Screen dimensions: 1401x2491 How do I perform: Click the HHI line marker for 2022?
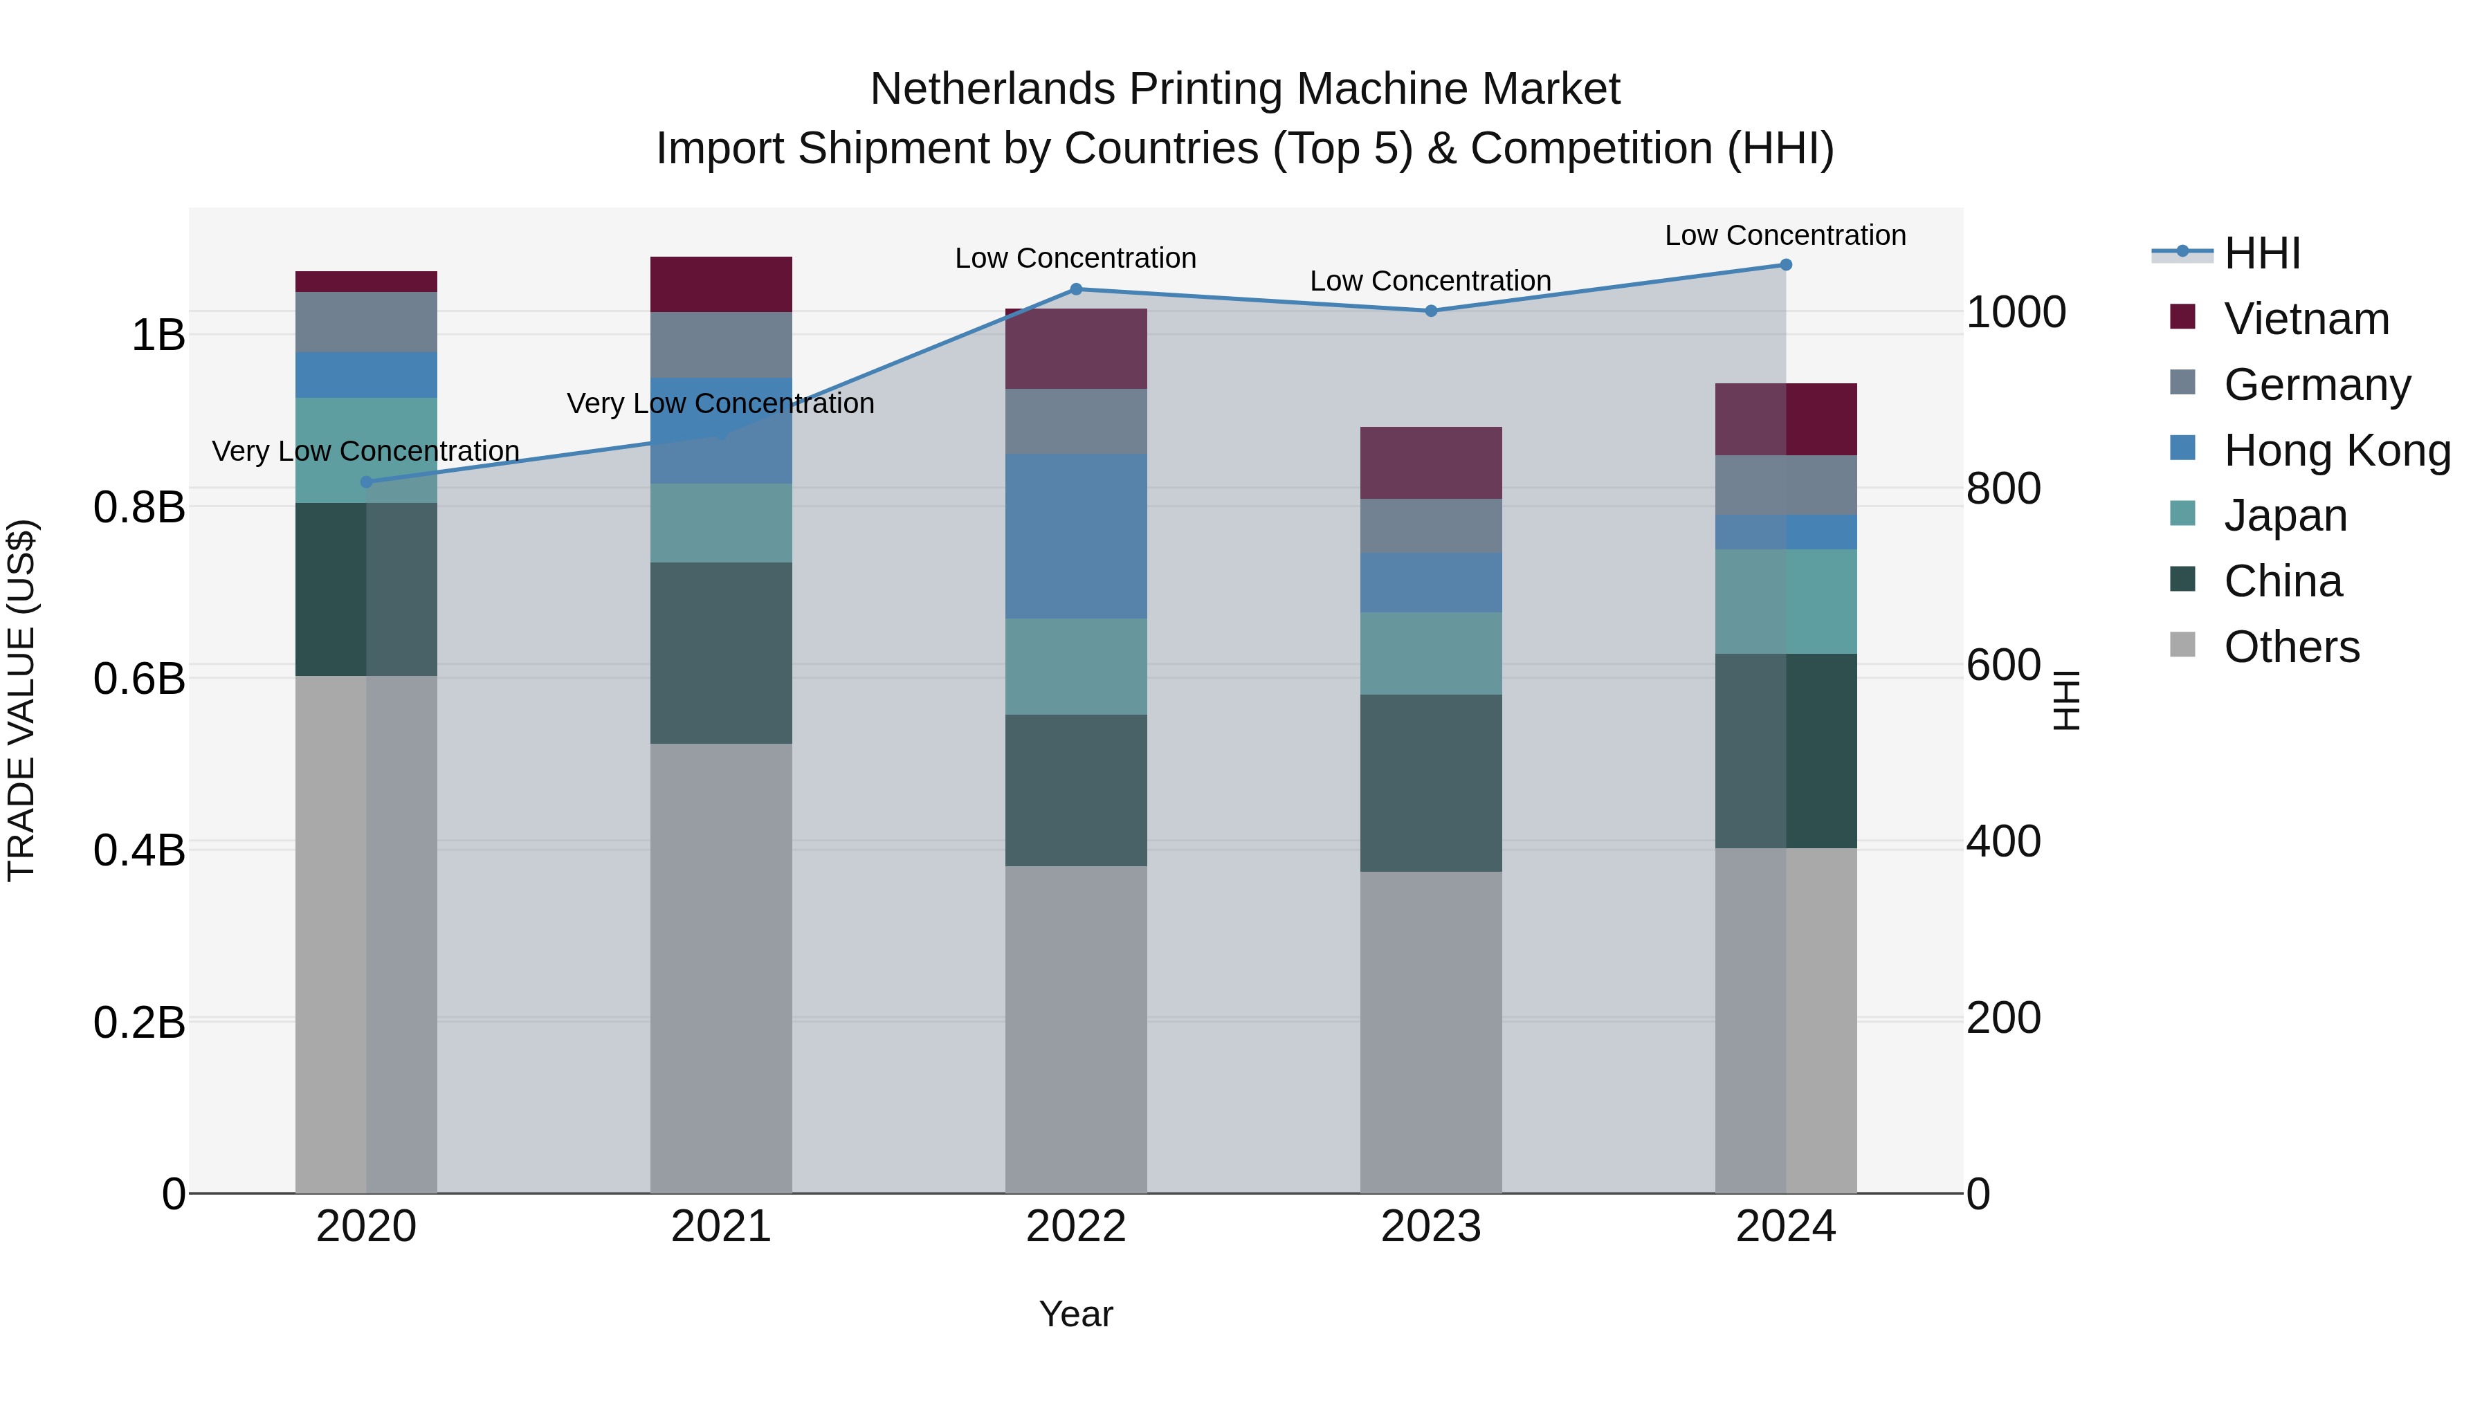[1075, 289]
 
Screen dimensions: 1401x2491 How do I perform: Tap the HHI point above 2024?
[1785, 265]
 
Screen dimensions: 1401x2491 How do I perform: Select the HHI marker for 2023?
[1431, 311]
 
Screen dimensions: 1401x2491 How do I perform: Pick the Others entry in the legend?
[2291, 646]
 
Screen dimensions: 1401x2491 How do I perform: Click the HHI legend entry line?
[2182, 253]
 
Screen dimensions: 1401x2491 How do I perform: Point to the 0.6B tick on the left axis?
[139, 679]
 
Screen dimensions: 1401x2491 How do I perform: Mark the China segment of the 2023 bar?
[1431, 782]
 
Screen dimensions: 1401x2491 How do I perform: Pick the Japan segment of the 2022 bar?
[1075, 666]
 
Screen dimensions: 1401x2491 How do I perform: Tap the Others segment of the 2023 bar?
[1431, 1032]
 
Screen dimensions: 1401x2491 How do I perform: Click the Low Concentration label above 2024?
[1785, 235]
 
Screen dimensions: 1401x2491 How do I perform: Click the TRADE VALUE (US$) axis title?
[21, 700]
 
